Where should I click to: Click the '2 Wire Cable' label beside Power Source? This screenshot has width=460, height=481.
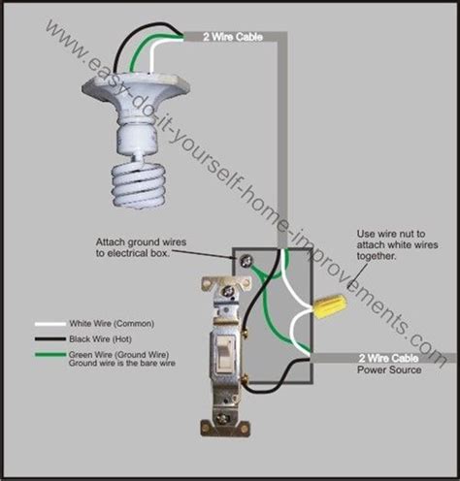coord(388,358)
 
